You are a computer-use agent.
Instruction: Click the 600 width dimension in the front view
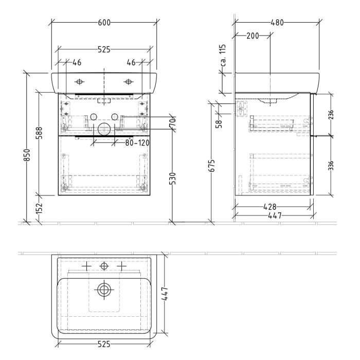(104, 23)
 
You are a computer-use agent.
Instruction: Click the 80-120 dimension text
(137, 142)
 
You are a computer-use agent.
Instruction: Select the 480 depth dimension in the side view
(277, 23)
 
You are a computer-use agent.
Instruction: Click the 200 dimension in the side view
(252, 35)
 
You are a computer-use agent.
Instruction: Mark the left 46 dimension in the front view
(77, 63)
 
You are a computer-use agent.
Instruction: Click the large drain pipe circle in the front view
(104, 129)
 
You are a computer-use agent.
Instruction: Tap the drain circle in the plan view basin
(104, 290)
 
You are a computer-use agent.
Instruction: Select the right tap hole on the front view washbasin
(128, 82)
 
